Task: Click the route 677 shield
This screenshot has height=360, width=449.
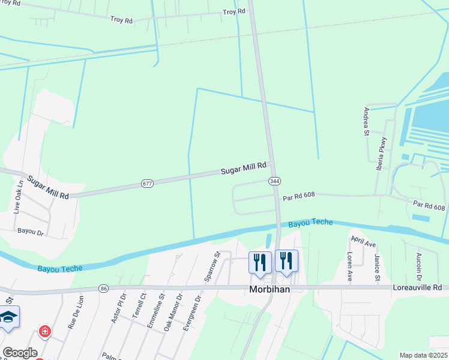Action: point(146,182)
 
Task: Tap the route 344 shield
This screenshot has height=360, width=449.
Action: point(274,181)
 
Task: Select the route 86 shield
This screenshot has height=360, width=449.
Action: point(104,289)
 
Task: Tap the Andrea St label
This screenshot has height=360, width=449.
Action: point(366,122)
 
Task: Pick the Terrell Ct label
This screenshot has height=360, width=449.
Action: point(143,305)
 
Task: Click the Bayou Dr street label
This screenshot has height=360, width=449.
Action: point(31,231)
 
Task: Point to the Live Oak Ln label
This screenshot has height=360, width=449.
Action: point(17,197)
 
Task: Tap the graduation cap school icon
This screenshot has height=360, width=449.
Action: point(8,316)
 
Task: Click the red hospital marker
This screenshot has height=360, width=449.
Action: point(44,331)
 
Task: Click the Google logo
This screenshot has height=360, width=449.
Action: point(20,352)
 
